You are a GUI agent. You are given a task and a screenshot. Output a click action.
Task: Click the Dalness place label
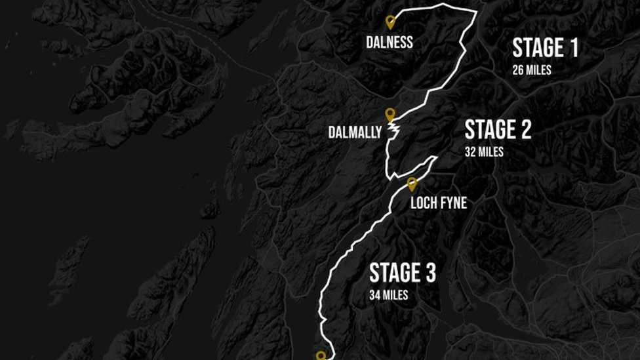click(x=390, y=43)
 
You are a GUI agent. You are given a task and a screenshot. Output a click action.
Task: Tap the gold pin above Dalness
click(x=390, y=22)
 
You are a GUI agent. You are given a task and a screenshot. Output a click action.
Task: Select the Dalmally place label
click(x=355, y=133)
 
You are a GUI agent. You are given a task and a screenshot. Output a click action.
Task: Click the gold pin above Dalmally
click(x=390, y=114)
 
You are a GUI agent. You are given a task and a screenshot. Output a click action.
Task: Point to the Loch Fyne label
click(x=439, y=203)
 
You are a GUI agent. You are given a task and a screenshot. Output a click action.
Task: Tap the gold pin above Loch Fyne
click(x=412, y=184)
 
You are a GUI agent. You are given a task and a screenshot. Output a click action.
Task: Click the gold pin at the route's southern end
click(x=321, y=355)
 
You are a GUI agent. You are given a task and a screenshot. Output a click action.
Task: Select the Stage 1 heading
click(x=545, y=48)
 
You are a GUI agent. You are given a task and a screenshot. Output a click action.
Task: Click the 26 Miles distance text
click(x=532, y=70)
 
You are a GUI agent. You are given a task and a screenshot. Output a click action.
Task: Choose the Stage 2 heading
click(x=498, y=130)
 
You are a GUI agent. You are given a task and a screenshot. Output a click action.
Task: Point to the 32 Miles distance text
click(x=484, y=152)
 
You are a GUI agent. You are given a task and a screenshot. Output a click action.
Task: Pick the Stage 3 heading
click(x=402, y=273)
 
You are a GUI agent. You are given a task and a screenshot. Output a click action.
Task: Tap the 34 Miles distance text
click(x=388, y=295)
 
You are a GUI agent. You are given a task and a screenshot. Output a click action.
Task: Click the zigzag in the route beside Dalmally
click(x=395, y=131)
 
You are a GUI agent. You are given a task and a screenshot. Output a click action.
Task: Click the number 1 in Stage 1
click(x=572, y=48)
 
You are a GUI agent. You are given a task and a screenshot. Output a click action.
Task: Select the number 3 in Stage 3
click(x=430, y=273)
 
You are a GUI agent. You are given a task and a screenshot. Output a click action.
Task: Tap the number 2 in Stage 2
click(x=525, y=130)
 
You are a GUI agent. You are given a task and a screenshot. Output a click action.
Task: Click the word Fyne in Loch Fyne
click(x=453, y=203)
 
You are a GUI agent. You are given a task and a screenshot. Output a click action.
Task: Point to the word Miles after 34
click(x=395, y=295)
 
